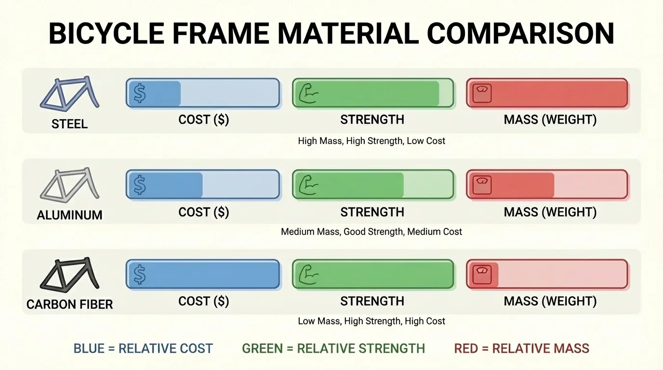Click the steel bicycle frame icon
click(x=69, y=94)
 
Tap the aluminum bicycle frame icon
click(x=69, y=185)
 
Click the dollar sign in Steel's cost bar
click(x=140, y=93)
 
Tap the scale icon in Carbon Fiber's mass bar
click(x=482, y=275)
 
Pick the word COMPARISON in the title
click(x=520, y=34)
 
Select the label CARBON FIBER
click(x=69, y=304)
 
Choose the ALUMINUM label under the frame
click(x=69, y=215)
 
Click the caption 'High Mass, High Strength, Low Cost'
click(x=371, y=141)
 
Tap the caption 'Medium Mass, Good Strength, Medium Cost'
click(x=371, y=232)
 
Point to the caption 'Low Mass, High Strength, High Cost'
click(x=371, y=321)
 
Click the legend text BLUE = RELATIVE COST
click(x=143, y=348)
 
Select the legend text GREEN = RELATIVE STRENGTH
click(x=333, y=348)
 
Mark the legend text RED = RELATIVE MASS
click(x=521, y=348)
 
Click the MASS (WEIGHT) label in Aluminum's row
click(x=550, y=212)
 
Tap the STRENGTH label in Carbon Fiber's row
click(x=372, y=302)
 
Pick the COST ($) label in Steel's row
click(x=204, y=120)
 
